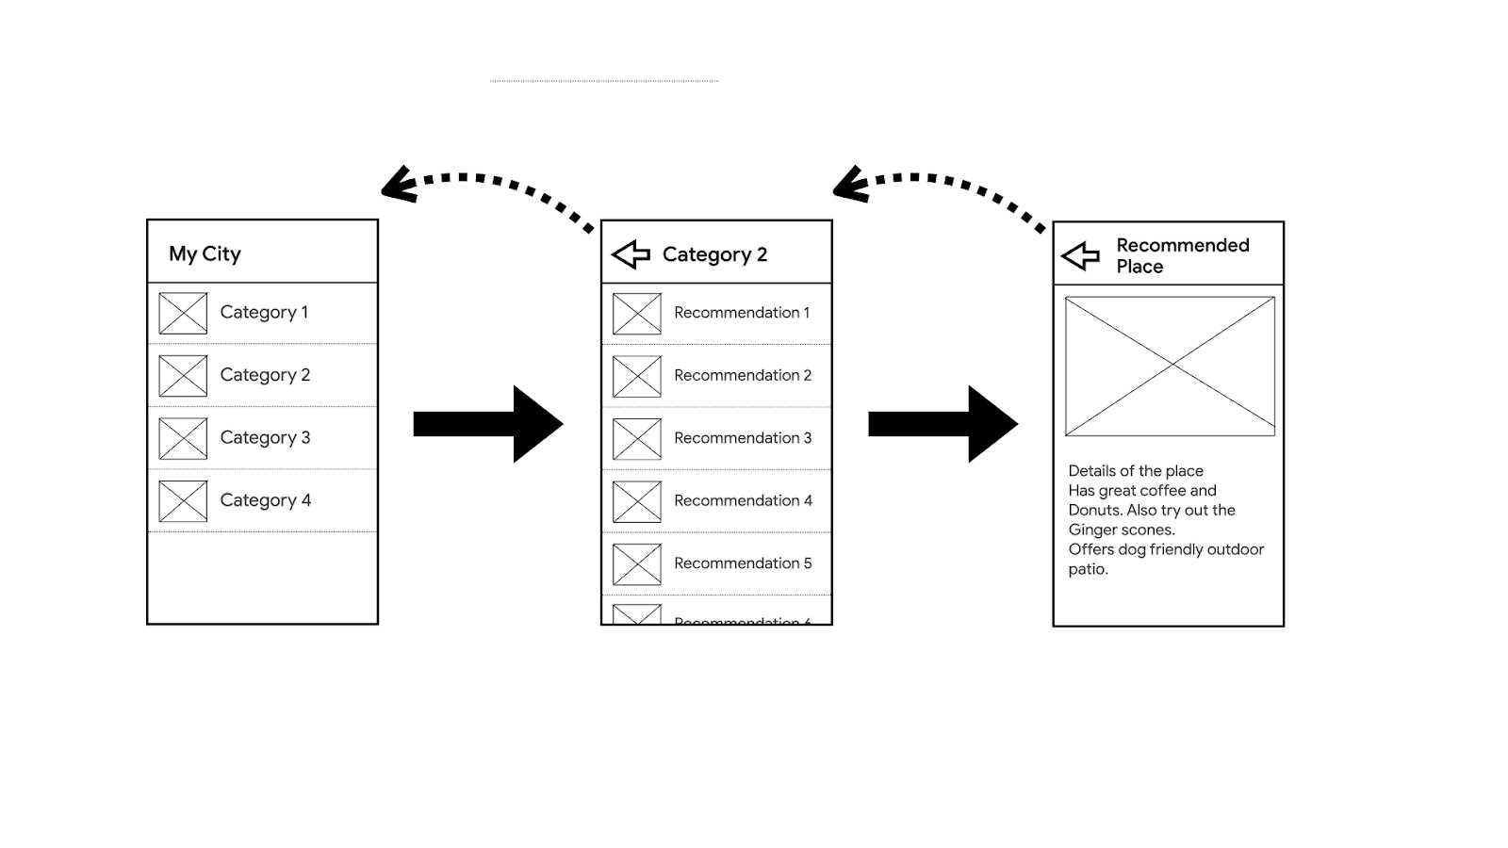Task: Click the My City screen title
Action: click(205, 253)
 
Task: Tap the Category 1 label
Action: click(264, 313)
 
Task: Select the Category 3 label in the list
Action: click(265, 438)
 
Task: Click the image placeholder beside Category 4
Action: click(183, 501)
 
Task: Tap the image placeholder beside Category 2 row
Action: click(183, 376)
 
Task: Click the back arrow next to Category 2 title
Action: click(631, 254)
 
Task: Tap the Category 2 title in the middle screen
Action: click(714, 254)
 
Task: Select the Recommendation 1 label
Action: click(742, 313)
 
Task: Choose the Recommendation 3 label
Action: click(743, 438)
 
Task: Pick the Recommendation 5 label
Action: click(743, 563)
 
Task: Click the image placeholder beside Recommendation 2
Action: click(637, 376)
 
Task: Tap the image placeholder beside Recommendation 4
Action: click(637, 501)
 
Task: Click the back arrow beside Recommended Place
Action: click(1080, 255)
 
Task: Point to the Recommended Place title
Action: click(1182, 255)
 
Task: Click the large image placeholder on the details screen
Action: click(1170, 367)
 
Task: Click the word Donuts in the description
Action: click(1094, 511)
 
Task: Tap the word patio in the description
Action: click(1088, 570)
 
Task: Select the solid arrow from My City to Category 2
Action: click(487, 424)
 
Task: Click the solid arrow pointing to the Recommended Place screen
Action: click(942, 424)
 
